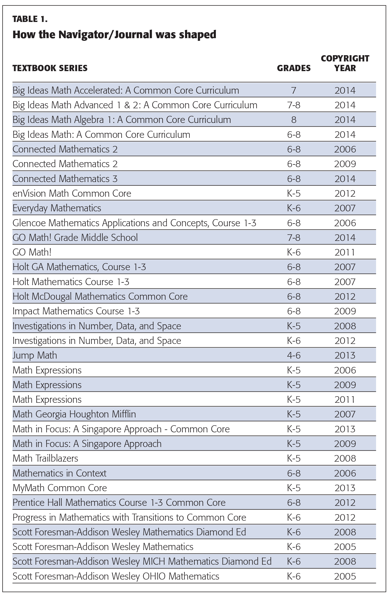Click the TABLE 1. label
(30, 19)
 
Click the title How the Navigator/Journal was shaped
(114, 35)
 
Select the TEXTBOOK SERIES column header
(50, 68)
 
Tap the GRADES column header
(294, 68)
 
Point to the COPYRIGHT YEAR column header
(345, 63)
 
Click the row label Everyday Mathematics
(57, 208)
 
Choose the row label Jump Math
(35, 355)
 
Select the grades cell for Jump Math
(294, 355)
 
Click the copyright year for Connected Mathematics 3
(345, 179)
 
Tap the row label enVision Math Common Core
(72, 194)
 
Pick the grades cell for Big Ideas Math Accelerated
(294, 90)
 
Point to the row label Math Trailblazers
(45, 458)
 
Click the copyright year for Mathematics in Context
(345, 473)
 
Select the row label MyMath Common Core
(60, 488)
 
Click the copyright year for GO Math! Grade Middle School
(345, 238)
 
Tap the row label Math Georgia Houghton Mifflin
(74, 414)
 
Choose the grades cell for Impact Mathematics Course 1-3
(294, 311)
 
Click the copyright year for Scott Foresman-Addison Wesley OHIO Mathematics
(345, 576)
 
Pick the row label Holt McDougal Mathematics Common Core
(100, 297)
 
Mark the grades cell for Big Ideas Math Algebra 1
(294, 120)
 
